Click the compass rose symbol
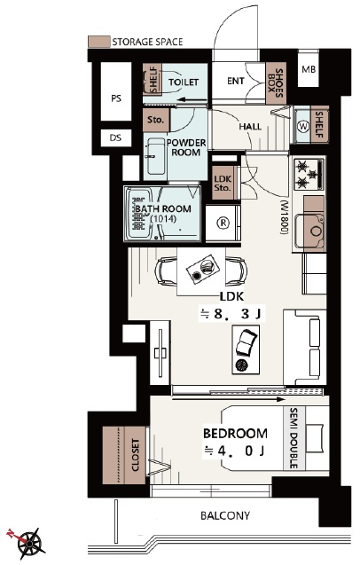point(30,542)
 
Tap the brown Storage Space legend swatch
point(98,42)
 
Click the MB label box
point(309,69)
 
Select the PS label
point(116,98)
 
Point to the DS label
point(115,137)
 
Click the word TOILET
point(184,82)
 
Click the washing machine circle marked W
point(303,127)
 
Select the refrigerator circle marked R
point(223,224)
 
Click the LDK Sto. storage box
point(223,183)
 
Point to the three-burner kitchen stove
point(309,175)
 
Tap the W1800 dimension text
point(285,217)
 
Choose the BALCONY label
point(225,515)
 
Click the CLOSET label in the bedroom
point(136,455)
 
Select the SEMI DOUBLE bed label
point(293,438)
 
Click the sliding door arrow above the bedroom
point(228,399)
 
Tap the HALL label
point(250,127)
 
